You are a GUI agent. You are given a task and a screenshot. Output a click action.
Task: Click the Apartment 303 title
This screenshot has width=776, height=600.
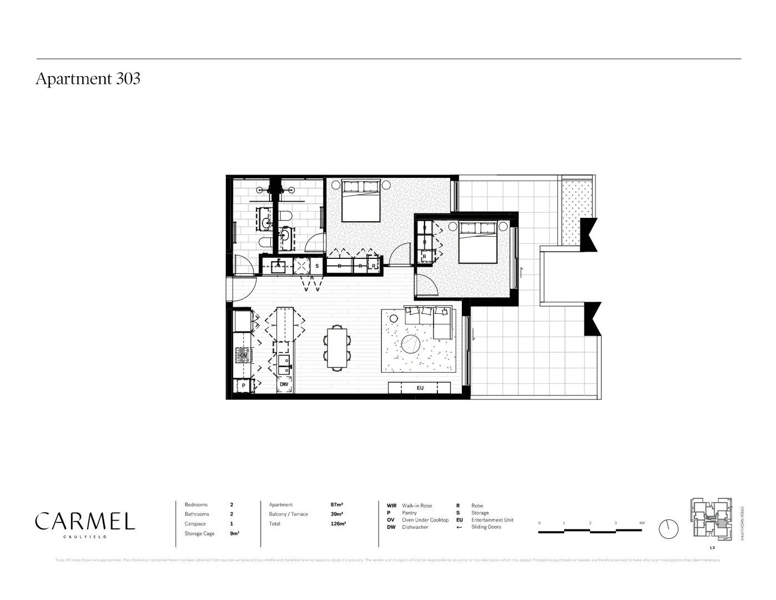(88, 79)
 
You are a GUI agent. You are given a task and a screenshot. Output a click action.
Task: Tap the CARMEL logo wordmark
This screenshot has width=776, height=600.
(85, 522)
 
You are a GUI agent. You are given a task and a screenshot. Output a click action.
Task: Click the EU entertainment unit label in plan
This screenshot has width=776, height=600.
(420, 388)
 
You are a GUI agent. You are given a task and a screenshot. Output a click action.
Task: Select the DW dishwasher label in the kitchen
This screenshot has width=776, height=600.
(284, 384)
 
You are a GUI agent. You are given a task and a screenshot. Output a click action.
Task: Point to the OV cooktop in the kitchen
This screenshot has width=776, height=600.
(243, 354)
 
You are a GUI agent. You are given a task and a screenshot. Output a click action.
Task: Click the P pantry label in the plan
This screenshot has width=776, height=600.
(243, 385)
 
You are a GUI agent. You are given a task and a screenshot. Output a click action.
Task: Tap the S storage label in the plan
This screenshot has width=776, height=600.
(317, 266)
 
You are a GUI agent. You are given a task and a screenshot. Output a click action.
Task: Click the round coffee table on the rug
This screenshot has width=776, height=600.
(412, 344)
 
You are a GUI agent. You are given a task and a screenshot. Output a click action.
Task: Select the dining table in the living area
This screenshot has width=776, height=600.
(337, 348)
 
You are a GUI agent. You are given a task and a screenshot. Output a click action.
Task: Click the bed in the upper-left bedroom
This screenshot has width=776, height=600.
(361, 201)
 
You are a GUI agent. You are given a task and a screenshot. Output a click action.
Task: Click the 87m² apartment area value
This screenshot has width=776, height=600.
(336, 504)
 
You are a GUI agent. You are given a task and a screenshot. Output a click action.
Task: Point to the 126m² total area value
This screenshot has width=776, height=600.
(338, 523)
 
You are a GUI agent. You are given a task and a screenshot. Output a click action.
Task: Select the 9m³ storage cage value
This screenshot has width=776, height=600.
(234, 533)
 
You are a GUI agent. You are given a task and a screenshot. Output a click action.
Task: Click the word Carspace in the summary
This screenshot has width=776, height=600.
(195, 524)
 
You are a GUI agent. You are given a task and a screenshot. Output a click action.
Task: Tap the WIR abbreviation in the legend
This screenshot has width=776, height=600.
(392, 506)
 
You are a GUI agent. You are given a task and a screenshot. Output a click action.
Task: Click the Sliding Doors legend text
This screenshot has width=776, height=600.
(486, 527)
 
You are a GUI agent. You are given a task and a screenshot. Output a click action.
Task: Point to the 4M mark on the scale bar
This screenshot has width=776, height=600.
(642, 523)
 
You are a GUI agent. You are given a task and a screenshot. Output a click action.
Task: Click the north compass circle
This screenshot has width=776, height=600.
(669, 529)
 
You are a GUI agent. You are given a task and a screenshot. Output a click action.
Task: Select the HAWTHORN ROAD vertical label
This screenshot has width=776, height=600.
(743, 523)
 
